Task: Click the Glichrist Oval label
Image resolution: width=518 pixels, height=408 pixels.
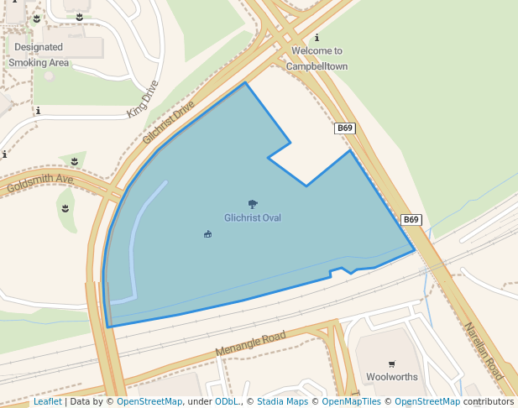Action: pyautogui.click(x=252, y=218)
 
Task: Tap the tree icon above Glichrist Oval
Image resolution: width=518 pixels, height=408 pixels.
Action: pyautogui.click(x=253, y=204)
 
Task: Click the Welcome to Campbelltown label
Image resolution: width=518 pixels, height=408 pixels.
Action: pyautogui.click(x=317, y=58)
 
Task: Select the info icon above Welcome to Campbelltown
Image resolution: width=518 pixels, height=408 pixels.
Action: pyautogui.click(x=317, y=38)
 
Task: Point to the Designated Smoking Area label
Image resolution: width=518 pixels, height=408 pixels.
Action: pyautogui.click(x=39, y=55)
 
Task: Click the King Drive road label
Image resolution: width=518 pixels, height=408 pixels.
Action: pyautogui.click(x=143, y=98)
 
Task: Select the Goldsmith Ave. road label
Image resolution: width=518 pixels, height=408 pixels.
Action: pyautogui.click(x=40, y=183)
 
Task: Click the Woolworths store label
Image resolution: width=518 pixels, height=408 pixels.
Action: pyautogui.click(x=392, y=378)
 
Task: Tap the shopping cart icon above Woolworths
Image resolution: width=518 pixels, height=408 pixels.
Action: pyautogui.click(x=392, y=364)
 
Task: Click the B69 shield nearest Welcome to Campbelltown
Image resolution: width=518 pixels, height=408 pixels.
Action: pyautogui.click(x=345, y=128)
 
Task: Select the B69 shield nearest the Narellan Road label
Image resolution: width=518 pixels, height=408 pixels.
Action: pyautogui.click(x=411, y=220)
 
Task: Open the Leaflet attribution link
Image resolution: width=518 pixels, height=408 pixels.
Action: pyautogui.click(x=47, y=402)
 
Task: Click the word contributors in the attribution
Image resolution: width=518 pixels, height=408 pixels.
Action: pyautogui.click(x=488, y=402)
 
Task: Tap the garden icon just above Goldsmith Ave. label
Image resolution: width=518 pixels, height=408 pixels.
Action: pyautogui.click(x=75, y=160)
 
